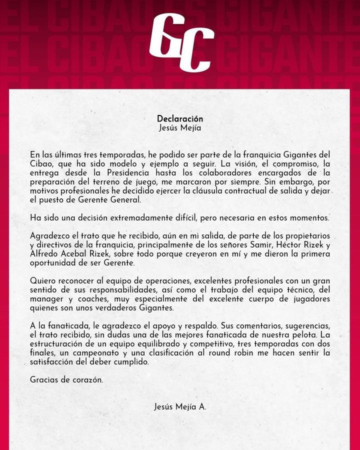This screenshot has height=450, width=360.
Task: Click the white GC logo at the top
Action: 181,42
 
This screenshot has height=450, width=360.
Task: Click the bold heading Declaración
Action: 180,119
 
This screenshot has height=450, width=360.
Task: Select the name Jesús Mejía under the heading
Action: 180,128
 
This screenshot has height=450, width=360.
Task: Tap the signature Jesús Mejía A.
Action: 180,407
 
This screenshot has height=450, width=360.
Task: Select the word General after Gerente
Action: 126,200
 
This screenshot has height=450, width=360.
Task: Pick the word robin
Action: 253,353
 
